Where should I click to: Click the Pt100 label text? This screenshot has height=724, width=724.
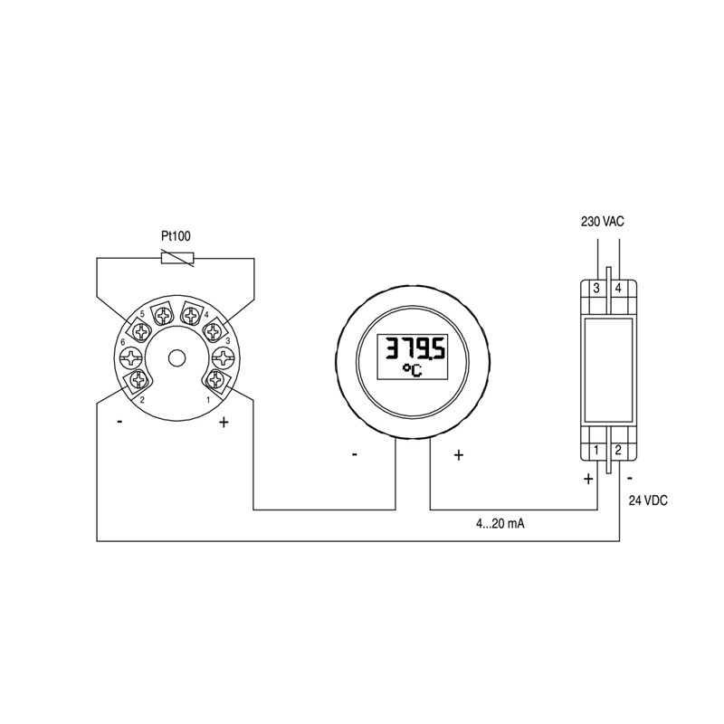(176, 236)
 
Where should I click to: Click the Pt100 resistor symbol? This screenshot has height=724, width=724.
(177, 258)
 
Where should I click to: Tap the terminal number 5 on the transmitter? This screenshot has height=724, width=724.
(142, 313)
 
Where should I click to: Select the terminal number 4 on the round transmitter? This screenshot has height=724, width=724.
(206, 314)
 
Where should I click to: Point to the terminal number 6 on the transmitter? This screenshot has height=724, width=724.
(123, 343)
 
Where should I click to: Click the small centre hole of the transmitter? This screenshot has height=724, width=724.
(176, 358)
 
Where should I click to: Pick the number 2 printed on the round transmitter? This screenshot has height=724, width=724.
(142, 400)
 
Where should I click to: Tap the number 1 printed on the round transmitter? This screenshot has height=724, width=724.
(208, 399)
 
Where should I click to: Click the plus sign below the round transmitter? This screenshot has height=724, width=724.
(224, 422)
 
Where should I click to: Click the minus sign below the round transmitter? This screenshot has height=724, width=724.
(120, 421)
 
